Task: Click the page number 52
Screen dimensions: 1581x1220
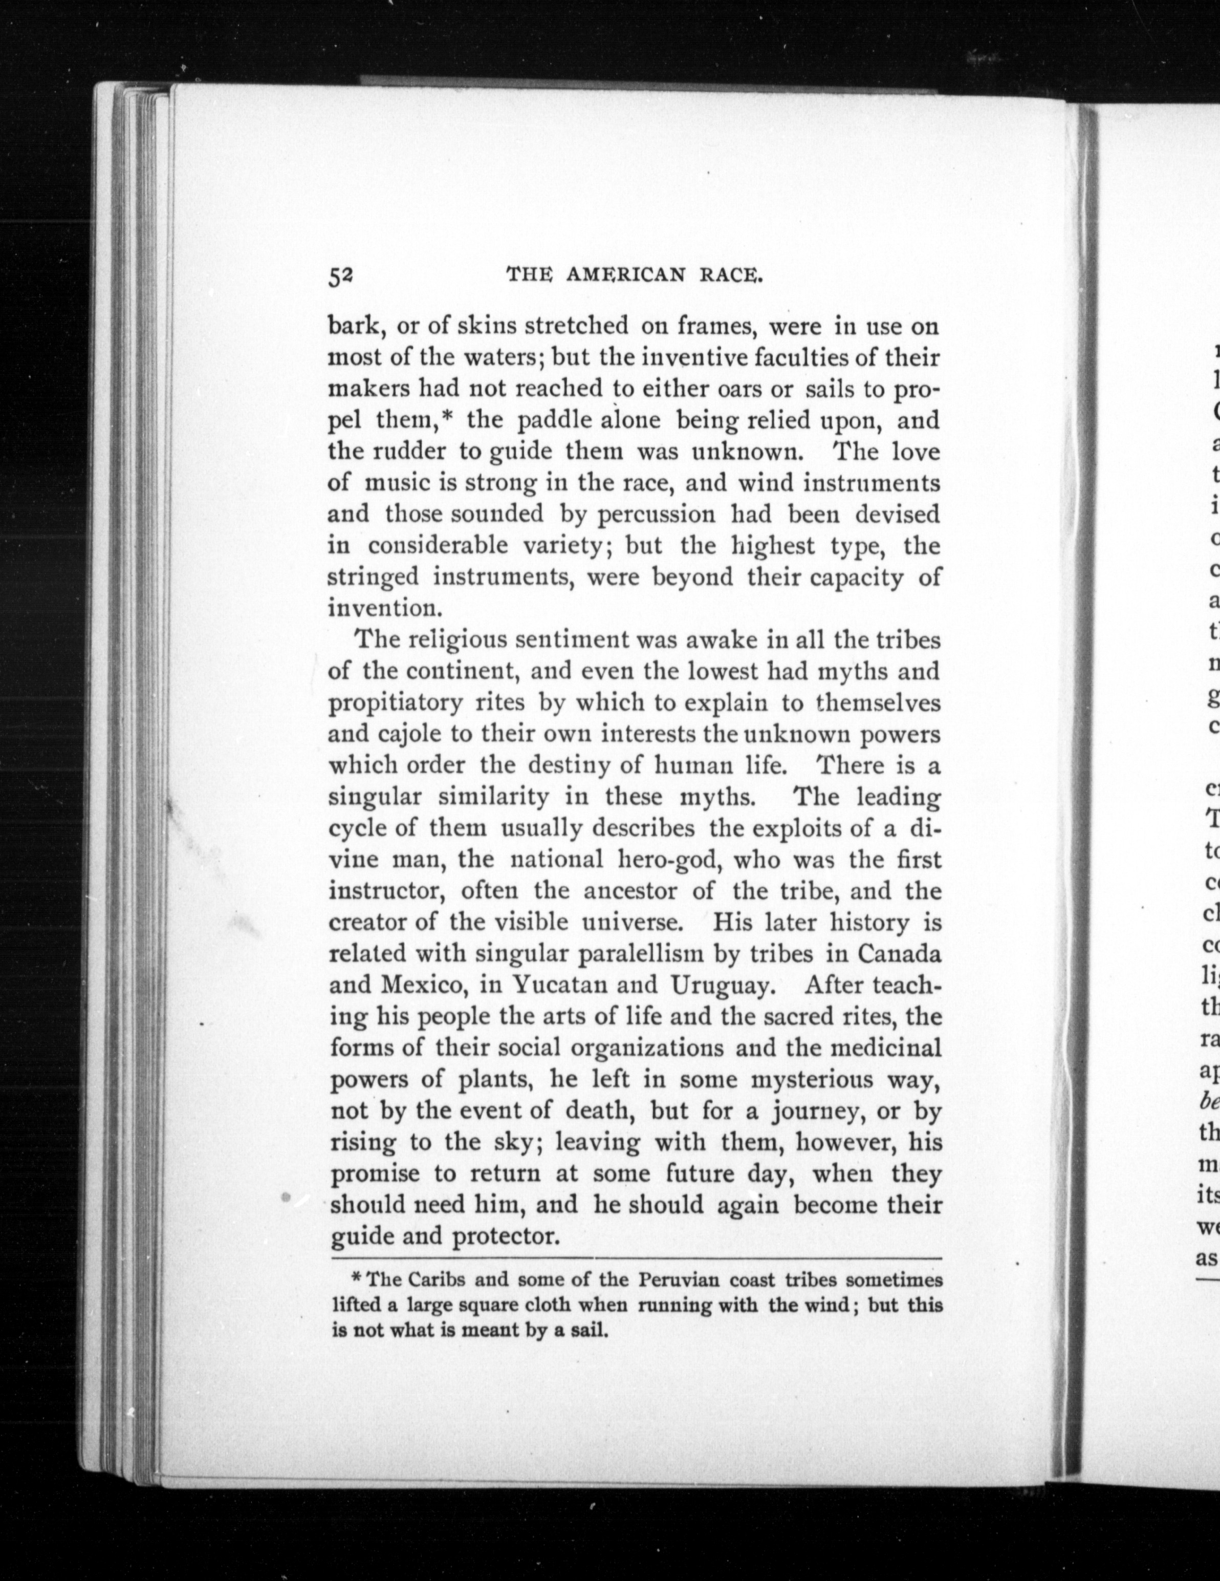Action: [x=340, y=276]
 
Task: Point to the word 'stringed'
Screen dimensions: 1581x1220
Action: [x=374, y=577]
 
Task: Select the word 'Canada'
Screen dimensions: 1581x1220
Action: [x=900, y=953]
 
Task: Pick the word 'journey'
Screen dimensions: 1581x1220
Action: [x=822, y=1110]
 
